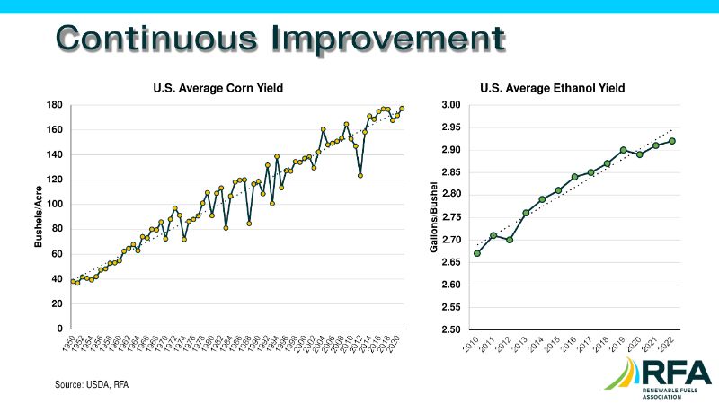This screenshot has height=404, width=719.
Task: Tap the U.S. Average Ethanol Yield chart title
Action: [554, 88]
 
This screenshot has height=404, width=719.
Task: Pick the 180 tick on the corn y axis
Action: [56, 105]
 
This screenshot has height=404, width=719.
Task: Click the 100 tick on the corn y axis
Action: [56, 205]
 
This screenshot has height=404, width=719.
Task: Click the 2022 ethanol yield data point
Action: [672, 141]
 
